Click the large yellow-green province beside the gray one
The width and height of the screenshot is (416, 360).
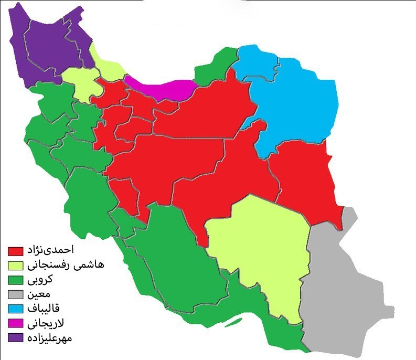[x=257, y=252]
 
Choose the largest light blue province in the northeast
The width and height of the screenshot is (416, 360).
[x=299, y=105]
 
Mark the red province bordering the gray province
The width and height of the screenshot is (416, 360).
[x=307, y=178]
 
